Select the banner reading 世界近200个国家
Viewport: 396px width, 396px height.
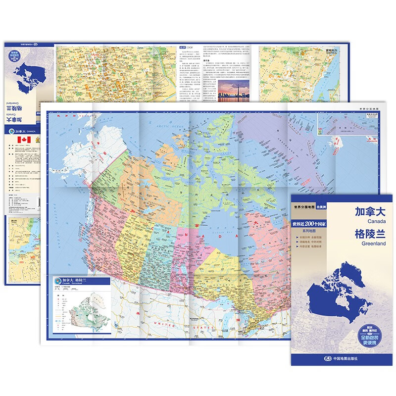(315, 224)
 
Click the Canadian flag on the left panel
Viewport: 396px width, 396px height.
(22, 141)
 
